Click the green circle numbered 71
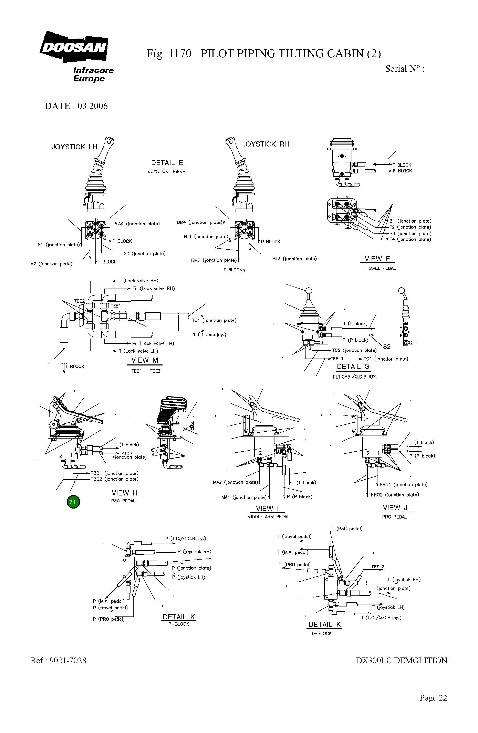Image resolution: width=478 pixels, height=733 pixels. [x=73, y=502]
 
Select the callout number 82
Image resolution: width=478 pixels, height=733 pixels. [x=387, y=347]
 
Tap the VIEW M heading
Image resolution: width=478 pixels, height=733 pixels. [x=144, y=360]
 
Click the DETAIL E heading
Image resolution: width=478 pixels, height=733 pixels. [x=167, y=163]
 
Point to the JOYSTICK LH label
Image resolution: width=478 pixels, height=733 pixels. [x=74, y=147]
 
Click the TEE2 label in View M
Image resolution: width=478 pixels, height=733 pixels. [x=79, y=301]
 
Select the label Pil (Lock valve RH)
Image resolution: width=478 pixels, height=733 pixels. [x=153, y=288]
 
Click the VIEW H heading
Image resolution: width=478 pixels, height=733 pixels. [x=124, y=493]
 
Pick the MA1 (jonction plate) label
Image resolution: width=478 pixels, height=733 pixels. [x=244, y=497]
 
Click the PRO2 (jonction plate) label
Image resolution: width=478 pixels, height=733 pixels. [x=395, y=495]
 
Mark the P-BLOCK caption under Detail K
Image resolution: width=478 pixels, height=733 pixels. [x=178, y=624]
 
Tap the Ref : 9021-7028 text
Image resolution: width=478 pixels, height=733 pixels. [x=59, y=660]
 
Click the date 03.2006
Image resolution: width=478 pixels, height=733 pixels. [x=92, y=106]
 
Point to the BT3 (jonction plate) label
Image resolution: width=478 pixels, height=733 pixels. [x=294, y=259]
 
